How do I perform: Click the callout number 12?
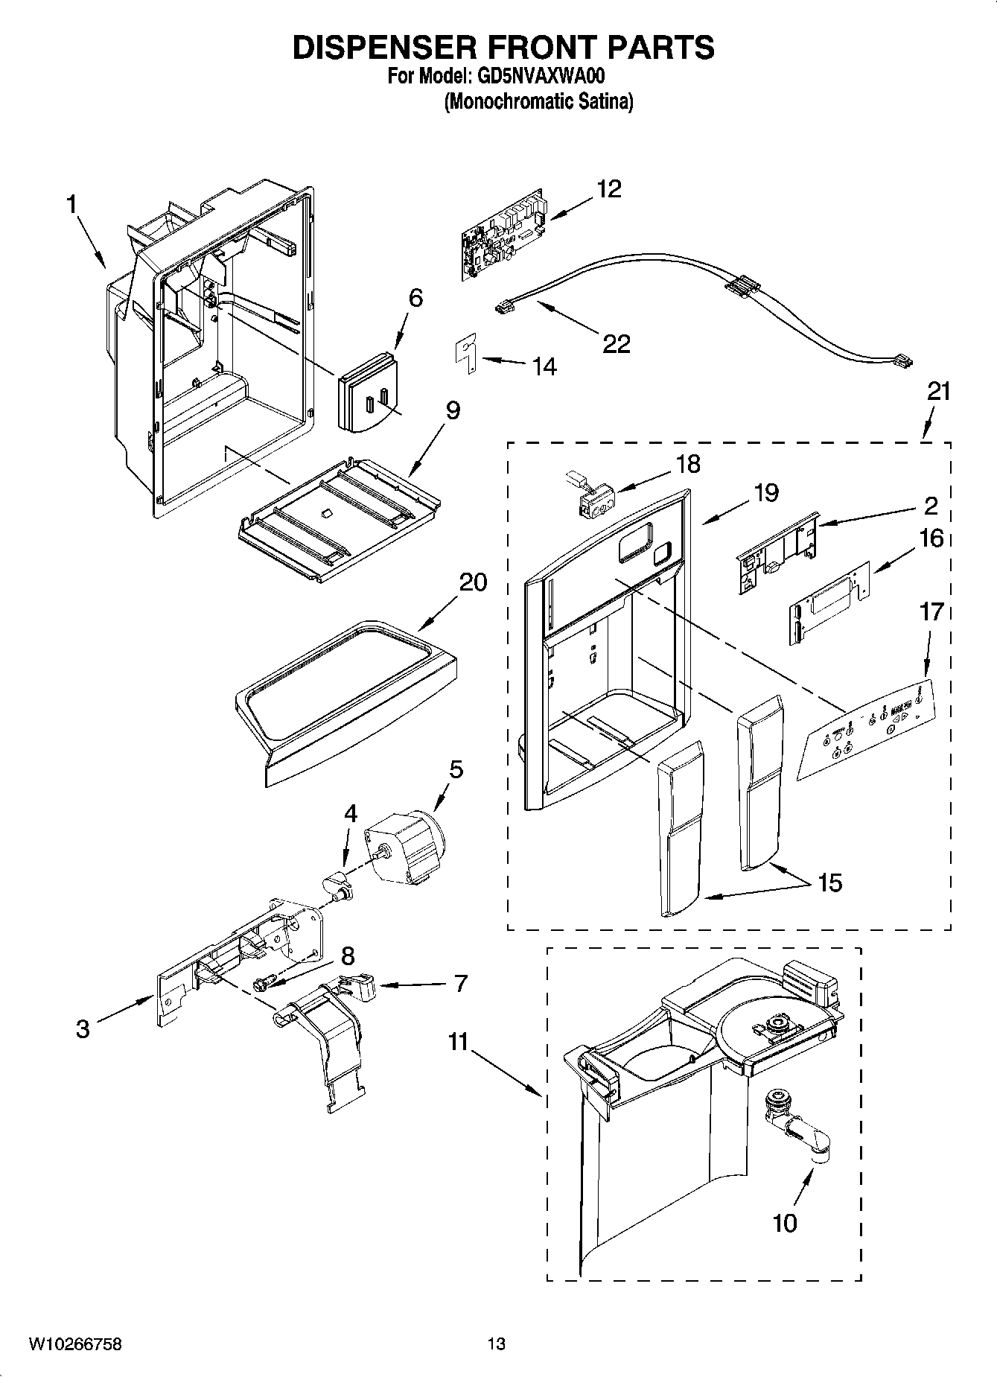[608, 189]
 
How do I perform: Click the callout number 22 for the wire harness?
[616, 343]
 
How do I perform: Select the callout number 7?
[460, 983]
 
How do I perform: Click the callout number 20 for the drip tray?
[472, 582]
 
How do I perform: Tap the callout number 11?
[457, 1042]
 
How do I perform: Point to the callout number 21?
[938, 392]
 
